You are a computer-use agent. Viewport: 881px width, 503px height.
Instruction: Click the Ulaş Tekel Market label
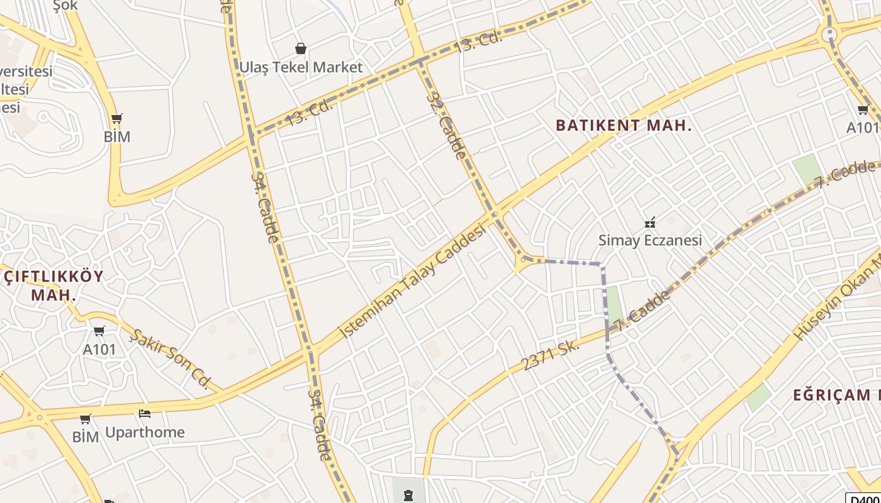(301, 67)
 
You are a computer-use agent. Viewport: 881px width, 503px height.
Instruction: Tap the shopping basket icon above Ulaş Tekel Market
(301, 48)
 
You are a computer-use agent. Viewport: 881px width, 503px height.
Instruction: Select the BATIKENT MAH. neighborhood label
(624, 125)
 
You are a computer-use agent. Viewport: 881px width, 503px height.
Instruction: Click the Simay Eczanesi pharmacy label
(649, 240)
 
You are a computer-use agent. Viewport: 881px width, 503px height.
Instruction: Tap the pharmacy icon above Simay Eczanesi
(650, 222)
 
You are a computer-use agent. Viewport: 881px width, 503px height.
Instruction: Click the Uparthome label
(145, 432)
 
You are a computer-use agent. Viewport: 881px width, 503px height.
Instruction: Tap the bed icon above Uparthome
(145, 414)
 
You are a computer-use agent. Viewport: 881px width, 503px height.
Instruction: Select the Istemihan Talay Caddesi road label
(413, 282)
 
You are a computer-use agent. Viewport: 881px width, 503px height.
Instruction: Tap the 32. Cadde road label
(446, 125)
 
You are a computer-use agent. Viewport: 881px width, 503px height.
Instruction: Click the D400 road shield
(863, 499)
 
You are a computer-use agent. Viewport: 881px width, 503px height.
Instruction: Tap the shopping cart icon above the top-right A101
(863, 110)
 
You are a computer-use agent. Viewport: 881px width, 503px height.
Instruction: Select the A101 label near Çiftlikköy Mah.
(99, 349)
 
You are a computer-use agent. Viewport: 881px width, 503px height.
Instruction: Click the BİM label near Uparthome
(85, 436)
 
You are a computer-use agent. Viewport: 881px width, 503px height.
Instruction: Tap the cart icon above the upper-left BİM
(116, 118)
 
